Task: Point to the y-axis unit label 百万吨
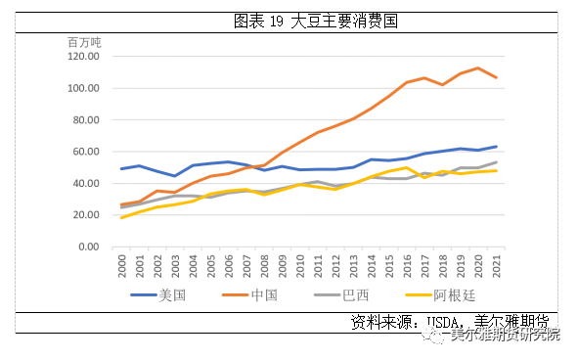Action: pyautogui.click(x=84, y=42)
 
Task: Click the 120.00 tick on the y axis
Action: pyautogui.click(x=84, y=57)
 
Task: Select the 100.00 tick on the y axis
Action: pyautogui.click(x=84, y=88)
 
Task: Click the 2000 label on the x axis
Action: pyautogui.click(x=122, y=265)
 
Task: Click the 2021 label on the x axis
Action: pyautogui.click(x=497, y=265)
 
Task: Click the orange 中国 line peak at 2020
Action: pyautogui.click(x=479, y=68)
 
